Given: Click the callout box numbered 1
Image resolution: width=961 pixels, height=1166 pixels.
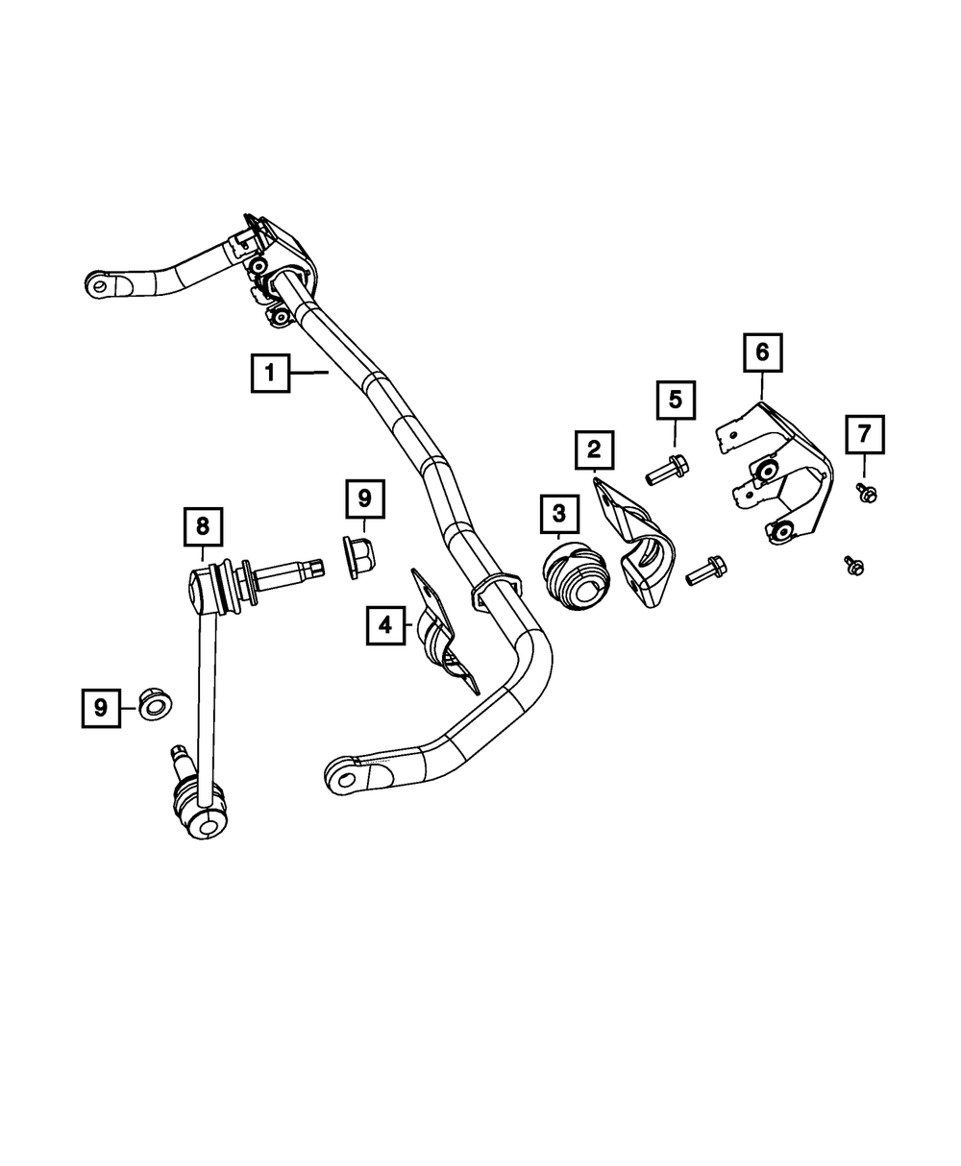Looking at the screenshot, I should click(270, 373).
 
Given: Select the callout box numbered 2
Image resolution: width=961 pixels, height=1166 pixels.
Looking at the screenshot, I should click(594, 449).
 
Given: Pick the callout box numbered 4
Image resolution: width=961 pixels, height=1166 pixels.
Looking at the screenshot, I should click(384, 626).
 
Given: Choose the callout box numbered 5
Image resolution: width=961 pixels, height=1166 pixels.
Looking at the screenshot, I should click(675, 400).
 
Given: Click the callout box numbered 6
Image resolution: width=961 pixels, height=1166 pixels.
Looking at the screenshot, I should click(762, 352).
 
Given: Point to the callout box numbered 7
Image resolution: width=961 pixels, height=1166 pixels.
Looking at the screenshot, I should click(864, 434).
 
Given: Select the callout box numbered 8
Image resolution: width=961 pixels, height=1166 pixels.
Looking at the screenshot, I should click(203, 525).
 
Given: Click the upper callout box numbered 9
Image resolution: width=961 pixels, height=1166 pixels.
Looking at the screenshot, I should click(364, 499).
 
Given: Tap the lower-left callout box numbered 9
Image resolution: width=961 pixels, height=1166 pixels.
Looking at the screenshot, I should click(100, 708).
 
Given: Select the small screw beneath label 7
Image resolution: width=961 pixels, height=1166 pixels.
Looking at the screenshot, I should click(867, 493).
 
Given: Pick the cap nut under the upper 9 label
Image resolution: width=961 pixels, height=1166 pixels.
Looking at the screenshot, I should click(358, 557).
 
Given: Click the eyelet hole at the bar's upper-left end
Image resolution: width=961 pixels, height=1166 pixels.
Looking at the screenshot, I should click(99, 284).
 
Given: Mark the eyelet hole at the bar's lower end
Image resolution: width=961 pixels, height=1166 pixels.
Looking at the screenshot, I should click(343, 775).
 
